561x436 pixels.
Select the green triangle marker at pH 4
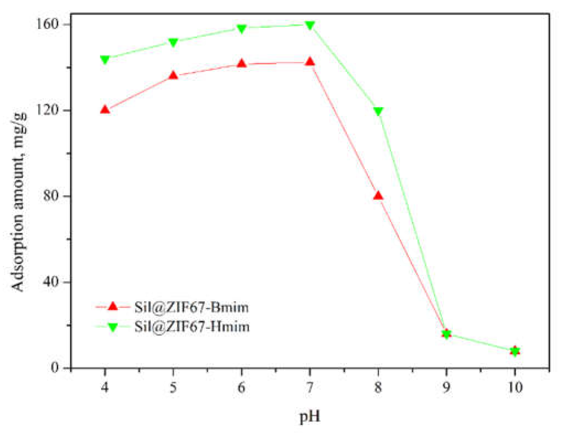[105, 59]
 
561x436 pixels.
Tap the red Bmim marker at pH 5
[173, 75]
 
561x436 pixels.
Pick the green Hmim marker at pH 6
[242, 29]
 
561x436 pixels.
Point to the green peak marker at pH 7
[310, 25]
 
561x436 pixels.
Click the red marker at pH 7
[310, 62]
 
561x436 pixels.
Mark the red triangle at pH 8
[378, 196]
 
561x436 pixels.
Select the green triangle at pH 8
[378, 111]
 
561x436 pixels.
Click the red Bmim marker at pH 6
[242, 63]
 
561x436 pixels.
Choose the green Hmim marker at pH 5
[173, 42]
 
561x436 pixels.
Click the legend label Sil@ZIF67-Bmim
[191, 307]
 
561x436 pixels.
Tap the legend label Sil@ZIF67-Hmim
[192, 326]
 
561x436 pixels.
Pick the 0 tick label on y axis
[55, 368]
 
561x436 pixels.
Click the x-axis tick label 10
[515, 387]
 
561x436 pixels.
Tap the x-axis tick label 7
[310, 387]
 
